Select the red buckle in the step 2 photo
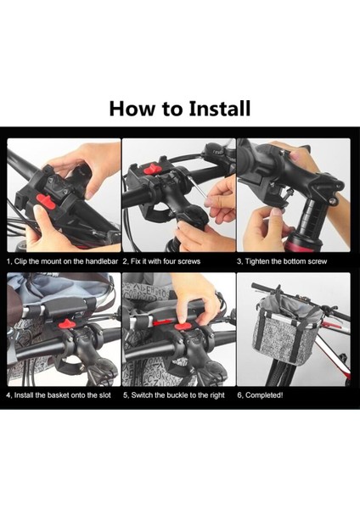[x=151, y=169]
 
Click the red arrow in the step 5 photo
[x=163, y=322]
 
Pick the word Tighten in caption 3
[x=257, y=261]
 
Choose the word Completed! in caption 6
[x=264, y=395]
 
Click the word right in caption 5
[x=217, y=395]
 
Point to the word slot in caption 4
[x=104, y=395]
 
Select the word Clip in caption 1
[x=20, y=261]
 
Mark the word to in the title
[x=172, y=109]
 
